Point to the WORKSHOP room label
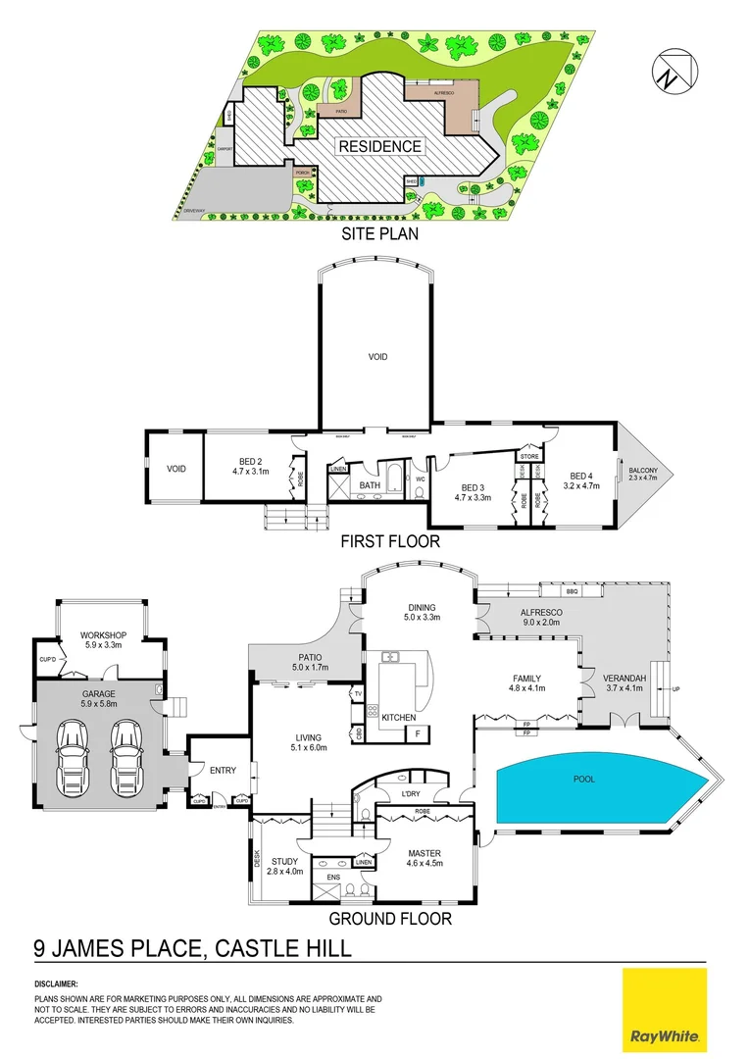tap(103, 635)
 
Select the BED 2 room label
tap(250, 461)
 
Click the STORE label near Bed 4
tap(529, 456)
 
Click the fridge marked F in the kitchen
tap(418, 732)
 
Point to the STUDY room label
tap(285, 862)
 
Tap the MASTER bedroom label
tap(424, 853)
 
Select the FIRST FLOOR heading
tap(389, 541)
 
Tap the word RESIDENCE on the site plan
tap(379, 147)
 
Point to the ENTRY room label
tap(223, 771)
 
